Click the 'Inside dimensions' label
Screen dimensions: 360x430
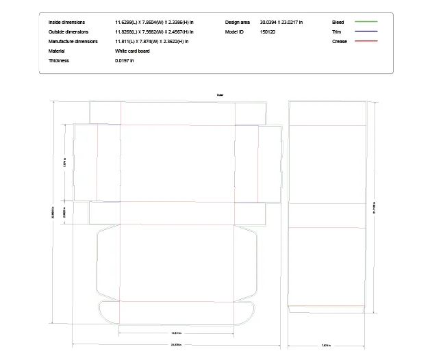(x=66, y=23)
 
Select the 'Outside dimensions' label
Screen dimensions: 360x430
(x=68, y=32)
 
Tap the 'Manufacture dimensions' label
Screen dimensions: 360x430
(x=73, y=42)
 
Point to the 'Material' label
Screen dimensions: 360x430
(x=56, y=51)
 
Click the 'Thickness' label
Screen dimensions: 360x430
(x=58, y=61)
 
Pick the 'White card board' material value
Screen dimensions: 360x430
(x=132, y=51)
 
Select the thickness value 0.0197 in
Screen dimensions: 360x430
(x=125, y=61)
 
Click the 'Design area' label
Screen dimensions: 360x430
(x=237, y=23)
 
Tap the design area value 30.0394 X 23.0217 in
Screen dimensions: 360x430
(x=281, y=23)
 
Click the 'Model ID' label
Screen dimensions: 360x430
(x=233, y=32)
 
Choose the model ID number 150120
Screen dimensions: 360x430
(x=268, y=32)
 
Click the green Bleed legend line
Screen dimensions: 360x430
(x=366, y=23)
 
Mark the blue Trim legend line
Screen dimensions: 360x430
(x=366, y=32)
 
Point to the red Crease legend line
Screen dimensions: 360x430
(x=366, y=42)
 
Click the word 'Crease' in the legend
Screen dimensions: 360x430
(x=339, y=42)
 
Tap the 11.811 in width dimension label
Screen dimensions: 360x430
(x=176, y=333)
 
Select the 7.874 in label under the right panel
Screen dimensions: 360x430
(x=326, y=345)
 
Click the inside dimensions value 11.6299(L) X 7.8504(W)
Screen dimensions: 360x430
(x=154, y=23)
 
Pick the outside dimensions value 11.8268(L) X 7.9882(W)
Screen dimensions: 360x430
(x=154, y=32)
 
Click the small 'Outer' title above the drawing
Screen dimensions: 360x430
(x=220, y=95)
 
